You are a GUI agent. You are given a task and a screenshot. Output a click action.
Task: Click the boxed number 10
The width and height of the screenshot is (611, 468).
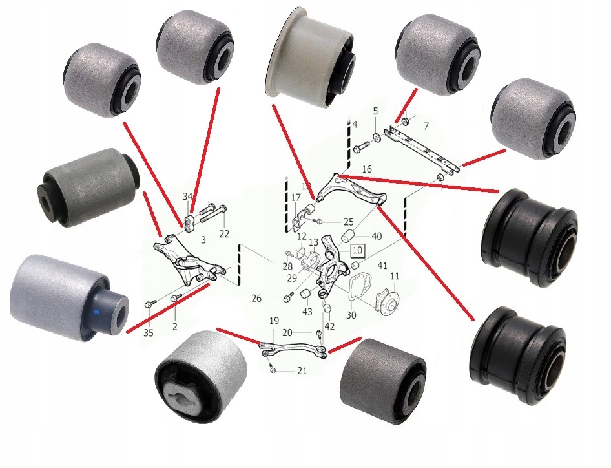pyautogui.click(x=357, y=250)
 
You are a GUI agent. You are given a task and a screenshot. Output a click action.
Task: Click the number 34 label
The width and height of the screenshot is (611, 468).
pyautogui.click(x=187, y=197)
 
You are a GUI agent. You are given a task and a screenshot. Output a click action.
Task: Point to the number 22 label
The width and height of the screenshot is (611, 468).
pyautogui.click(x=224, y=234)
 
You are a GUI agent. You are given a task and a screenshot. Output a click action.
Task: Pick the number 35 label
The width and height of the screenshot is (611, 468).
pyautogui.click(x=149, y=333)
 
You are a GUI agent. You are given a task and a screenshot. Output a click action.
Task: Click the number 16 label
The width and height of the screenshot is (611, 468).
pyautogui.click(x=367, y=169)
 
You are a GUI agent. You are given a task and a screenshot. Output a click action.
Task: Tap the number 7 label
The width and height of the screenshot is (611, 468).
pyautogui.click(x=426, y=126)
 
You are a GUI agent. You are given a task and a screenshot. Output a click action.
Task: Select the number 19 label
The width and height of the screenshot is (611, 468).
pyautogui.click(x=274, y=321)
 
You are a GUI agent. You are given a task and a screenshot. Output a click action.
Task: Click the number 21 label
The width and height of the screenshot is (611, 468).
pyautogui.click(x=302, y=371)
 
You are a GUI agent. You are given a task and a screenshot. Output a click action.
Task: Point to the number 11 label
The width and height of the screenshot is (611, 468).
pyautogui.click(x=395, y=277)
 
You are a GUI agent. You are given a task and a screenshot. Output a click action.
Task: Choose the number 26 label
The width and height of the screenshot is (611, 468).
pyautogui.click(x=256, y=299)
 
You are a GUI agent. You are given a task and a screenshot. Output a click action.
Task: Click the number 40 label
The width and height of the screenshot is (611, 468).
pyautogui.click(x=377, y=237)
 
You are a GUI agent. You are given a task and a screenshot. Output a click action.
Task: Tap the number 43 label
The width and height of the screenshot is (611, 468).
pyautogui.click(x=307, y=312)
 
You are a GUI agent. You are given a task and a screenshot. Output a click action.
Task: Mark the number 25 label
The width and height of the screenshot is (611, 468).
pyautogui.click(x=348, y=222)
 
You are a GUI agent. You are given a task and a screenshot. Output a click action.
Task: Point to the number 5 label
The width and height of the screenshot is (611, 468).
pyautogui.click(x=376, y=111)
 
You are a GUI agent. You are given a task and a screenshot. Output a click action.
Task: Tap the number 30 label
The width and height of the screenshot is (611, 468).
pyautogui.click(x=351, y=314)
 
